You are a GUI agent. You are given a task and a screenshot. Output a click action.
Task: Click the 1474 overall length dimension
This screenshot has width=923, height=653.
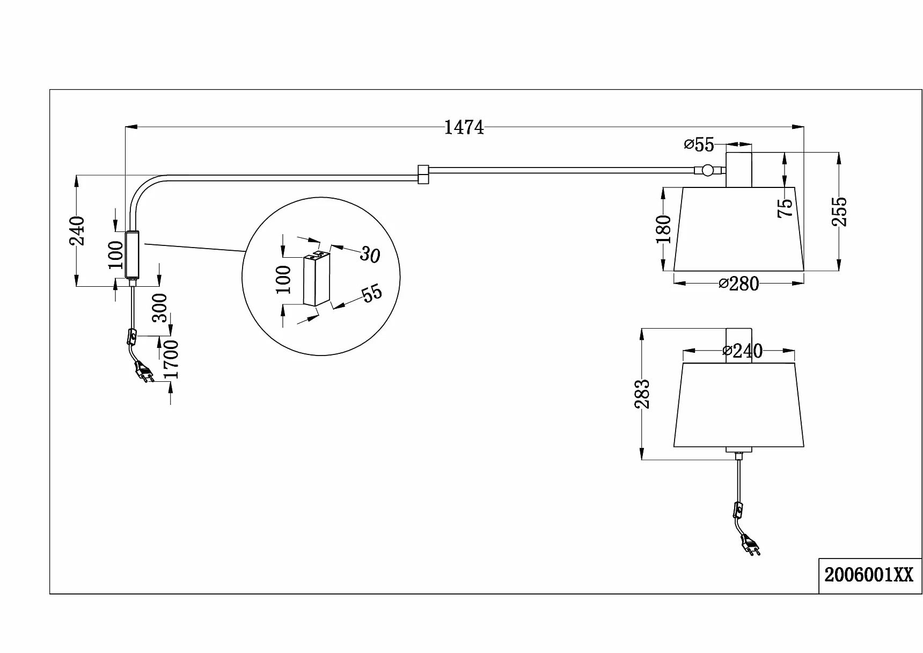(464, 127)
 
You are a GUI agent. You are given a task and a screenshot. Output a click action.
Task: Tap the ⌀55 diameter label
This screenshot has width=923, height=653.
(699, 144)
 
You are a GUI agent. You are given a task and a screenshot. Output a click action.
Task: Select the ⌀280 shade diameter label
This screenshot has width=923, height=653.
(739, 284)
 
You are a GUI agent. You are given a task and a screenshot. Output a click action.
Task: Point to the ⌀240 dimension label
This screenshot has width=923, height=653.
(743, 351)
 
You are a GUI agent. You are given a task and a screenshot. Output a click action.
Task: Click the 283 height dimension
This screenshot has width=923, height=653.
(642, 394)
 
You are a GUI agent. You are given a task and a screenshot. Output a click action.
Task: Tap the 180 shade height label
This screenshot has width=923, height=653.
(664, 229)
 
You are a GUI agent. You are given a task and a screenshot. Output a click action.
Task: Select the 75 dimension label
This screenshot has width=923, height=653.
(785, 208)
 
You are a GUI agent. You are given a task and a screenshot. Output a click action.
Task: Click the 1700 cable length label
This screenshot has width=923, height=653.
(171, 359)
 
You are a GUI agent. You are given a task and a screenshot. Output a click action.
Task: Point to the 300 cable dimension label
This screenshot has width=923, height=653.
(160, 308)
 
